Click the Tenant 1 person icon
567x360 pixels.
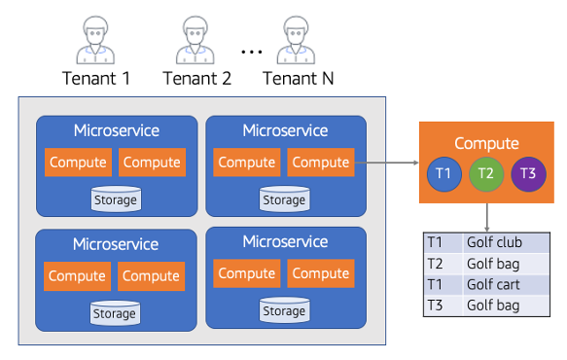(x=95, y=41)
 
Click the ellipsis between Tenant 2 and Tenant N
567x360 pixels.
(x=250, y=51)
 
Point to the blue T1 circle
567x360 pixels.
(x=443, y=173)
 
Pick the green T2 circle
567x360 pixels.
(x=484, y=173)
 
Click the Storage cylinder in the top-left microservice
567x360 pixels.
(x=115, y=199)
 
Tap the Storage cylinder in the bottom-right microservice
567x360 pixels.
(x=284, y=310)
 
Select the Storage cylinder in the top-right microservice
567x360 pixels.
(x=284, y=199)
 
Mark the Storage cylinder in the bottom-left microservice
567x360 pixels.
(x=115, y=313)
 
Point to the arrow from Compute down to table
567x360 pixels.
(x=486, y=215)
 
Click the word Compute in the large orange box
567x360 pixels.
(x=486, y=143)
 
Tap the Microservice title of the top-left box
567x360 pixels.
(x=116, y=130)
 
